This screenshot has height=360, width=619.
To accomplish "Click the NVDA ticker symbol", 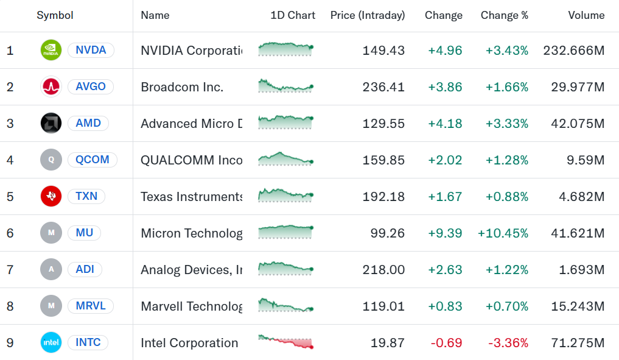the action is pos(91,50).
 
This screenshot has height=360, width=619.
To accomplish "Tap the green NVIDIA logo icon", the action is pos(51,50).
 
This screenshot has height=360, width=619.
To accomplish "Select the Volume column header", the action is pos(586,15).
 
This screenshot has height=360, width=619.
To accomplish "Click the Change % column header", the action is pos(504,15).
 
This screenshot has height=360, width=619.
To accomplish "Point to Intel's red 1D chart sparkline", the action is pos(285,342).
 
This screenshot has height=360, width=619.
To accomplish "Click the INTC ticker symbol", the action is pos(88,342).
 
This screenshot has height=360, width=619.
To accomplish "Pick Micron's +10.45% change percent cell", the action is pos(503,233).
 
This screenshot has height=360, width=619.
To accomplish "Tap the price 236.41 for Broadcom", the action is pos(383,87).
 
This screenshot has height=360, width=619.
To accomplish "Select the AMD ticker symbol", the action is pos(88,123).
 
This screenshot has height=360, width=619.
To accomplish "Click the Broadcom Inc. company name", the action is pos(182,87).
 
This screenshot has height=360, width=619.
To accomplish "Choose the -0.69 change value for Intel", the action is pos(446,342).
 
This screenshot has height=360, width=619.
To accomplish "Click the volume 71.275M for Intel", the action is pos(578,342).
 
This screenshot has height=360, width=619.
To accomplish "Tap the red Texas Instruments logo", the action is pos(51,196).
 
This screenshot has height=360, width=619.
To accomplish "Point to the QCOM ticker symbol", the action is pos(93,160).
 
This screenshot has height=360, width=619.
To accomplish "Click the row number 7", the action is pos(10,269).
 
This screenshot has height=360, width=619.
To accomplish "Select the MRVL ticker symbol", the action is pos(91,306).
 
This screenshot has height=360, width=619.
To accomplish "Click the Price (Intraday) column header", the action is pos(368,15).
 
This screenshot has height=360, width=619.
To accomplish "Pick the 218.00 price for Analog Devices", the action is pos(383,269).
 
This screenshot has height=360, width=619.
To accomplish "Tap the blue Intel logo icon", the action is pos(51,342).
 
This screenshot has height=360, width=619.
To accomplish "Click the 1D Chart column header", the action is pos(293,15).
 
